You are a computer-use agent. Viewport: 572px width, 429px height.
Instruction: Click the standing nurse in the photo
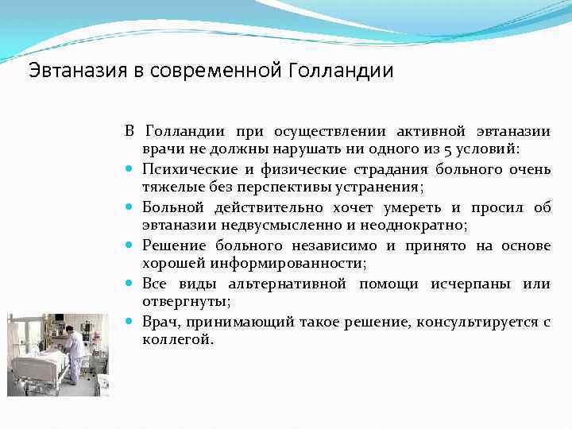(x=73, y=354)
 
